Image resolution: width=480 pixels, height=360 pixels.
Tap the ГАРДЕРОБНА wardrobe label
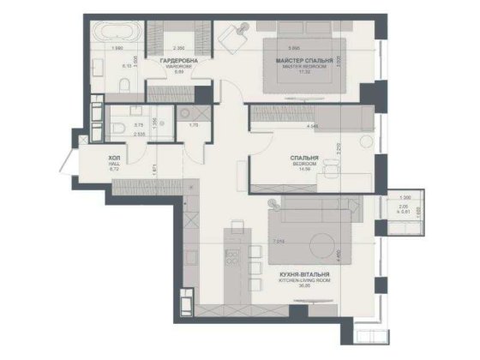[x=179, y=61]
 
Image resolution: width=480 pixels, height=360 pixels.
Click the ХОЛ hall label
[x=114, y=159]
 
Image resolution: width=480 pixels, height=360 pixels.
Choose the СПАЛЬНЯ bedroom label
[x=305, y=159]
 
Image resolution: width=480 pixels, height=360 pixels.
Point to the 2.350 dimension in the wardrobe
[x=180, y=48]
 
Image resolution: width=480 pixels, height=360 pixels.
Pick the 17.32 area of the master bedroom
[x=299, y=74]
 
